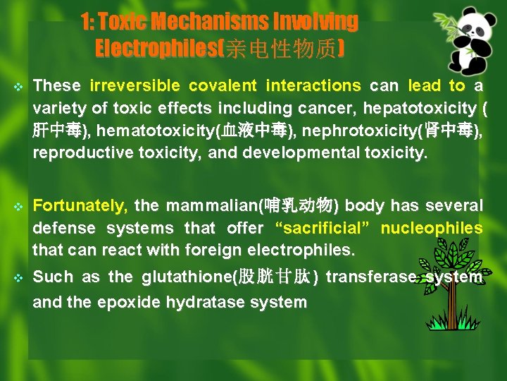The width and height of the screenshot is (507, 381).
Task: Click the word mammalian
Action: (x=211, y=206)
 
